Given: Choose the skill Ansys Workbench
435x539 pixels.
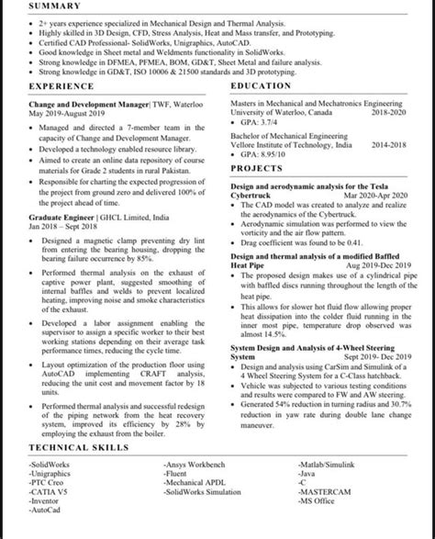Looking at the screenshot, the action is [x=198, y=465].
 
